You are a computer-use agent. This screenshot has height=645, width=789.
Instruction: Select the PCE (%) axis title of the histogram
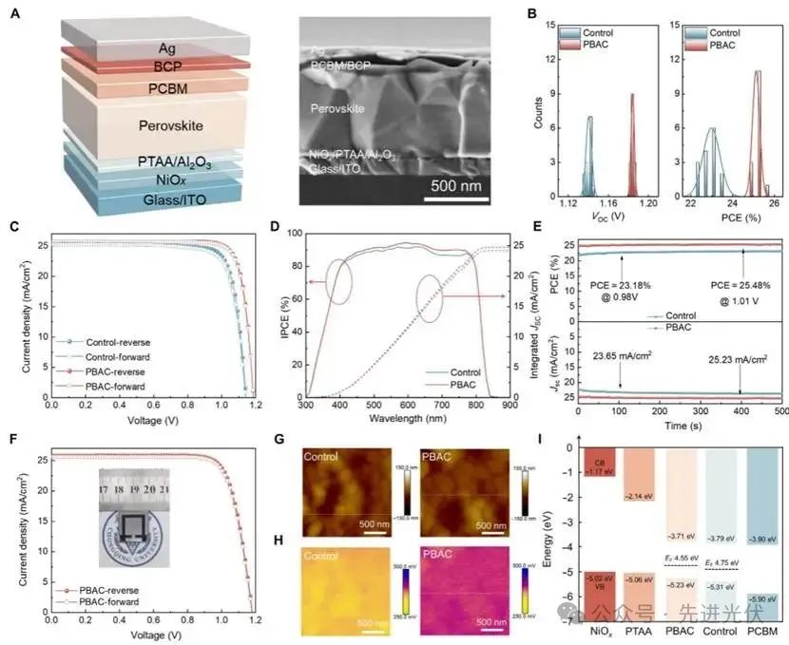pos(732,218)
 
